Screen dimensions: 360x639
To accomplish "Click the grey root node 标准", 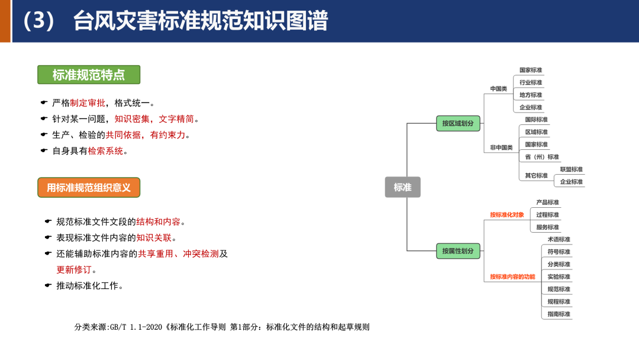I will [x=402, y=187].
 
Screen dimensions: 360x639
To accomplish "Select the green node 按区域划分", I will [x=458, y=123].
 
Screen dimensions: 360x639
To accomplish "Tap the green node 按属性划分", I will [x=458, y=250].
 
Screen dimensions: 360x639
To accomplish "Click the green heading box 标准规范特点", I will [x=89, y=75].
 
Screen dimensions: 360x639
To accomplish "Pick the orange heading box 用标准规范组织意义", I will [x=89, y=188].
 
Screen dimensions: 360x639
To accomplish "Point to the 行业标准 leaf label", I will [x=531, y=82].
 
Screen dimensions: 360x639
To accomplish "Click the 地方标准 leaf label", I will [x=531, y=95].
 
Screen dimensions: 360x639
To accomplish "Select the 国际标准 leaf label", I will [x=536, y=120].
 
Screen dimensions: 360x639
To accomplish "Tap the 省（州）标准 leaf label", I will [x=541, y=157].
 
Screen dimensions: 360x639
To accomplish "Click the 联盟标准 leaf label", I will [x=571, y=169].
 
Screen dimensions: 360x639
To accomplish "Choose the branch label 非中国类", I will [x=501, y=147].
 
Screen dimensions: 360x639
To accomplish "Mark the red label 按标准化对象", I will [x=506, y=214].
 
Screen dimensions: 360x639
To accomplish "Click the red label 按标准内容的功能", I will [x=512, y=277].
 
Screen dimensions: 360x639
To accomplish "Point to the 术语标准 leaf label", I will [x=559, y=239].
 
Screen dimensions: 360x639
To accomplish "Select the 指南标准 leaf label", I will [x=559, y=314].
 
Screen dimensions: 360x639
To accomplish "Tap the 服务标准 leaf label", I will [x=547, y=227].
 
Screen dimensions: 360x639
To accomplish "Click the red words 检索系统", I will [x=105, y=150].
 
